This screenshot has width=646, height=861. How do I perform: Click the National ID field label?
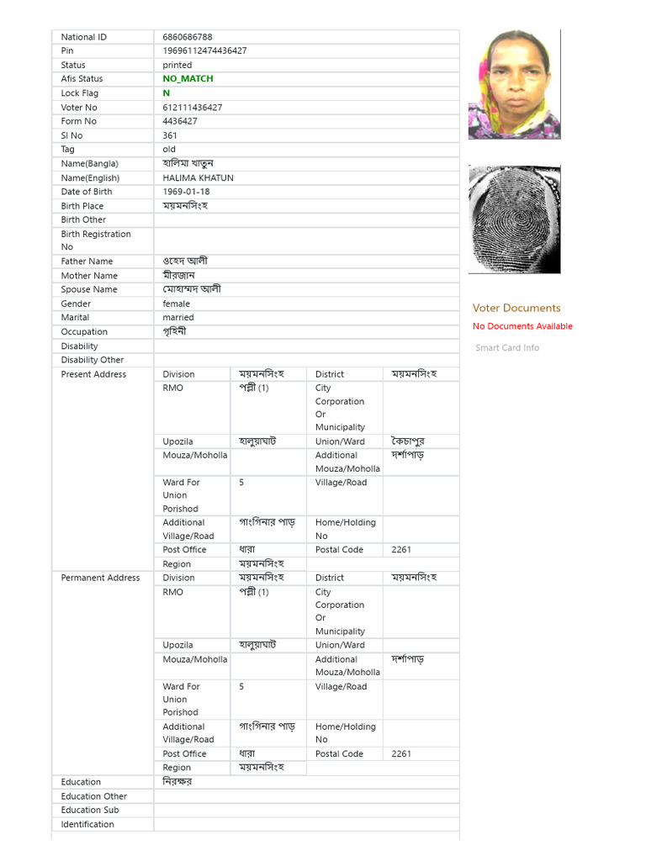(84, 37)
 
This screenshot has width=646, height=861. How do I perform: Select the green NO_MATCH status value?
(188, 79)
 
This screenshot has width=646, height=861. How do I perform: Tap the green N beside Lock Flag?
(167, 93)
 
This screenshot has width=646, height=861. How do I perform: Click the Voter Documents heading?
(516, 308)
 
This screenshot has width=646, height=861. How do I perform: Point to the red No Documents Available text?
(522, 326)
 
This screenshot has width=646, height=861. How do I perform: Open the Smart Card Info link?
(507, 348)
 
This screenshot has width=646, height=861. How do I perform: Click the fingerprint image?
(514, 219)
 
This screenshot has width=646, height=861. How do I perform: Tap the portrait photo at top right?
(514, 84)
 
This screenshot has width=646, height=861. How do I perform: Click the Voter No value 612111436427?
(193, 108)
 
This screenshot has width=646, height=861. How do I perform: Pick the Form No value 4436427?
(180, 121)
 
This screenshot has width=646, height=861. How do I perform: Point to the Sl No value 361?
(170, 135)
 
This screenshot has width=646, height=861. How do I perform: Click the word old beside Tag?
(169, 150)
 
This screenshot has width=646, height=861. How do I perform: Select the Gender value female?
(177, 304)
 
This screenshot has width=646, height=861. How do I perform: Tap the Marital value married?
(178, 318)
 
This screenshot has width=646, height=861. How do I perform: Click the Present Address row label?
(93, 374)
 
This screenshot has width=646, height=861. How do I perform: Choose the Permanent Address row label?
(100, 578)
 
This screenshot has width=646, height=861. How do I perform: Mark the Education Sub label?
(90, 810)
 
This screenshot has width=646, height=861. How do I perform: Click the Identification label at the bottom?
(87, 824)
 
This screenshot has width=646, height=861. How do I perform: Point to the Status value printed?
(177, 65)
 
